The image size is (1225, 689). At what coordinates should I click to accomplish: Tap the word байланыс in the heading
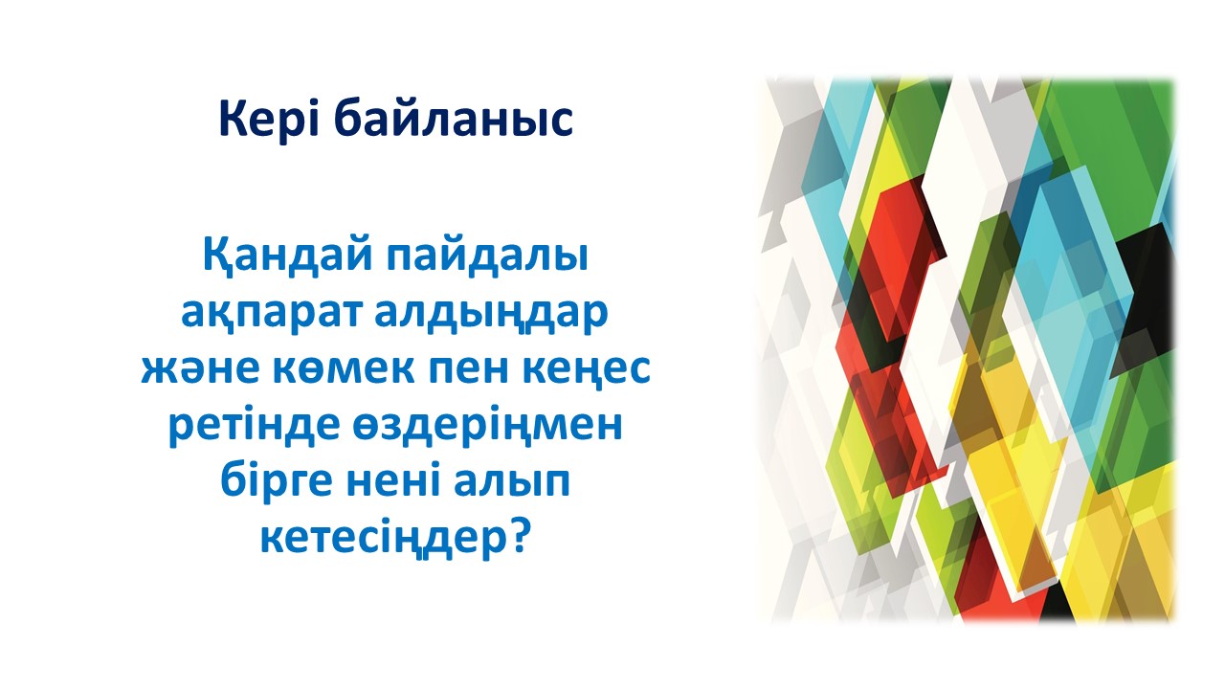coord(454,120)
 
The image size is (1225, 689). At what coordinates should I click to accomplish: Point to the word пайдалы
coord(488,256)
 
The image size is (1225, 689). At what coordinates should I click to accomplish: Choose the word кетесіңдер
coord(382,539)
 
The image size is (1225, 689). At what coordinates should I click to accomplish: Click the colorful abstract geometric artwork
coord(967,350)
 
